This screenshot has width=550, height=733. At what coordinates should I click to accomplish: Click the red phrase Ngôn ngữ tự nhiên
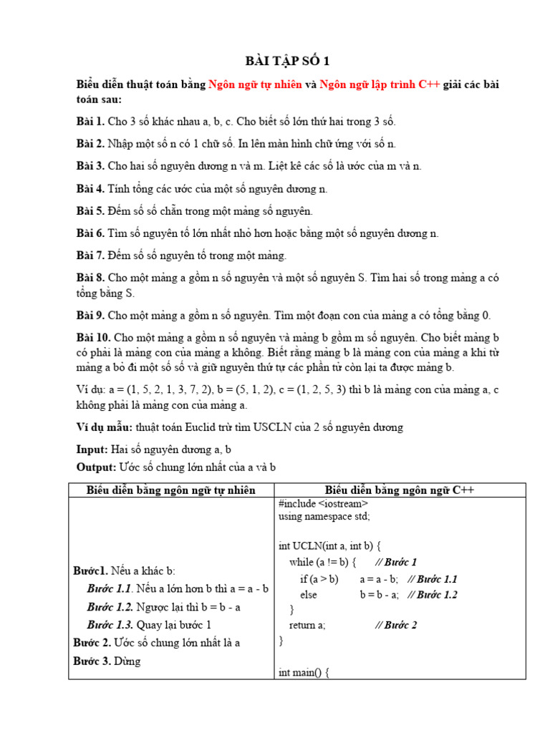point(255,84)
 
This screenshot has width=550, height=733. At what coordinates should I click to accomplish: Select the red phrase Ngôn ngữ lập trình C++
point(380,84)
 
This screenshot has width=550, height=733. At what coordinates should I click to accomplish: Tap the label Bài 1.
point(90,121)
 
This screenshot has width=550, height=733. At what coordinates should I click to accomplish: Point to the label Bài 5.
point(90,211)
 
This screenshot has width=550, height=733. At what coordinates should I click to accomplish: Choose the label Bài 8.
point(90,278)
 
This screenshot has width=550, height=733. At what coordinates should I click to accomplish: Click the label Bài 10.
point(93,337)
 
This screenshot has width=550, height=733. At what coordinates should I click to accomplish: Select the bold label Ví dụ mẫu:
point(105,427)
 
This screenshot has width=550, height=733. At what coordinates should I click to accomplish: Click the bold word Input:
point(92,450)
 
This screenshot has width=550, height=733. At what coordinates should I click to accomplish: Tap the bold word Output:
point(96,467)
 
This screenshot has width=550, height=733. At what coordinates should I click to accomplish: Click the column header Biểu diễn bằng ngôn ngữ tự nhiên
point(171,490)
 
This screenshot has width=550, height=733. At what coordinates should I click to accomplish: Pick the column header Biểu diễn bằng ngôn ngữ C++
point(400,490)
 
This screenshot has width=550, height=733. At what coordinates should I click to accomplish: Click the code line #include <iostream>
point(324,504)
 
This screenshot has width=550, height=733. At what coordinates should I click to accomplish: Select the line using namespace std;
point(324,516)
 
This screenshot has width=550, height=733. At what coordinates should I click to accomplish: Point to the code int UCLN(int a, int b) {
point(330,546)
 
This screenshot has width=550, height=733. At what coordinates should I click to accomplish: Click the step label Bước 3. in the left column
point(92,661)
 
